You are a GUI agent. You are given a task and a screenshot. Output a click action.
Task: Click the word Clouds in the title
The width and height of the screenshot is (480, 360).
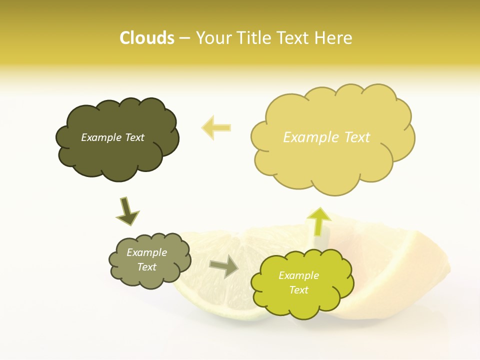(x=147, y=38)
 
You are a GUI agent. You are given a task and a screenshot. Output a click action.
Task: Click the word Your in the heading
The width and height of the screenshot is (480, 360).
(x=213, y=38)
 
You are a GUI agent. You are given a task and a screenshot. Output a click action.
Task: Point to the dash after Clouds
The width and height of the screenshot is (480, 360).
(x=184, y=38)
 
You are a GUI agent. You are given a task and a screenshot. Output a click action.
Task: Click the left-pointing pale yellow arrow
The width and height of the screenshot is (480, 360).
(x=216, y=127)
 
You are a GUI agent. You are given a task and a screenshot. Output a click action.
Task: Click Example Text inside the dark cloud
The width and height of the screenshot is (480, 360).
(x=112, y=137)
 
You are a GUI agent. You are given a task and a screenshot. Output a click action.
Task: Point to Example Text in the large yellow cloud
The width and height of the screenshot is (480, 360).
(x=326, y=137)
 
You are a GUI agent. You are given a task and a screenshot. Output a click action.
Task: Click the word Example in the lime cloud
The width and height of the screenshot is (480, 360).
(x=298, y=275)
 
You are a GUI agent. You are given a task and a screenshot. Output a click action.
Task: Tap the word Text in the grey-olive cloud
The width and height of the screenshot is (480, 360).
(x=146, y=267)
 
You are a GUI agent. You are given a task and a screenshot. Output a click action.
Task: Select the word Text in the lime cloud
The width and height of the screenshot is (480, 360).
(x=298, y=290)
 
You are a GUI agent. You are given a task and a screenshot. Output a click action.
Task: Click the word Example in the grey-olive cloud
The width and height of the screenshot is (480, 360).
(x=146, y=252)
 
